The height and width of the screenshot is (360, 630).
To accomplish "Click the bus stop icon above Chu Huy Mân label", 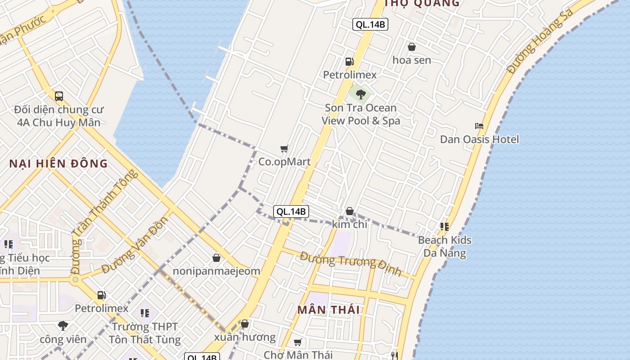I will (x=59, y=96).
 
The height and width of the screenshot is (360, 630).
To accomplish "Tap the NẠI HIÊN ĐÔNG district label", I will (x=58, y=163).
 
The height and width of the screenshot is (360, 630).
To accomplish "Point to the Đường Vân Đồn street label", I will (x=135, y=245).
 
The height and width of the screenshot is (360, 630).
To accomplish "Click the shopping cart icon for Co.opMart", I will (x=284, y=149).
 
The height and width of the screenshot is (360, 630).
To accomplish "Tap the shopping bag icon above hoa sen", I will (x=411, y=47).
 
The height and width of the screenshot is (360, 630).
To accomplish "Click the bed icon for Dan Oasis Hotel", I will (x=479, y=126).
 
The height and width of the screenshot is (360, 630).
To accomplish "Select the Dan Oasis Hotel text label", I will (x=479, y=139).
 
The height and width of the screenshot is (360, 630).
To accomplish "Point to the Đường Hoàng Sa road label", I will (x=540, y=40).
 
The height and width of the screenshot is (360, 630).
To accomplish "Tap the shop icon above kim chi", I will (x=350, y=211).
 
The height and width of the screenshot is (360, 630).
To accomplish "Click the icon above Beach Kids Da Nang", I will (x=445, y=227).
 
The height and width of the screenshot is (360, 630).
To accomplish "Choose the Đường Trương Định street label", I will (x=351, y=263).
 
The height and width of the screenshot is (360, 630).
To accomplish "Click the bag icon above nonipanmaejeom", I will (x=216, y=258).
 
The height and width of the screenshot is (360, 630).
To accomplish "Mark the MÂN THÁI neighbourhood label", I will (x=329, y=310).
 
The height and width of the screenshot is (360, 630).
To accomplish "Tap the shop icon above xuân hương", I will (x=244, y=324).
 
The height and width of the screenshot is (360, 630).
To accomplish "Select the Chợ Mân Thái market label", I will (x=298, y=355).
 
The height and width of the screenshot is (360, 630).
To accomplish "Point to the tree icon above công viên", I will (x=63, y=325).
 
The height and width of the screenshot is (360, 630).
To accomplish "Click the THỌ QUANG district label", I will (x=422, y=4).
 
